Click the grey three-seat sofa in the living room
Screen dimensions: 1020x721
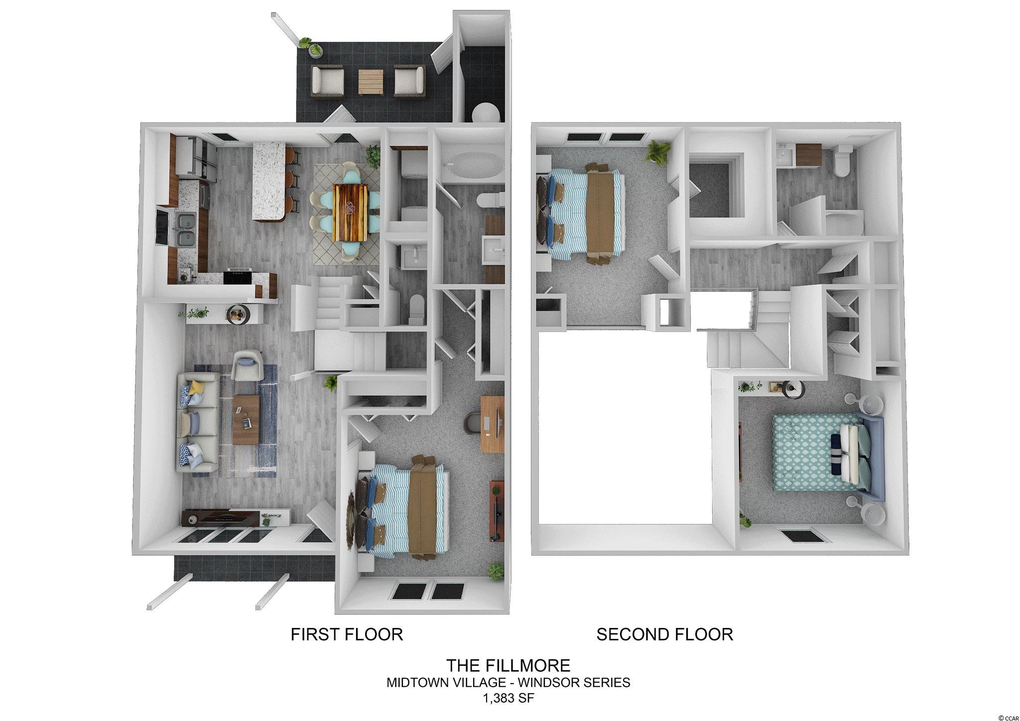[197, 421]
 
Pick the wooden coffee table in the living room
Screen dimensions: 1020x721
[246, 419]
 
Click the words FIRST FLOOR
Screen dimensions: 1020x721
[347, 634]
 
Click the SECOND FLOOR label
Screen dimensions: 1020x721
[664, 634]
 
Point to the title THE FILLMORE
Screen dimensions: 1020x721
[508, 665]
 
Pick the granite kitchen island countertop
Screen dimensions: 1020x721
[269, 180]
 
